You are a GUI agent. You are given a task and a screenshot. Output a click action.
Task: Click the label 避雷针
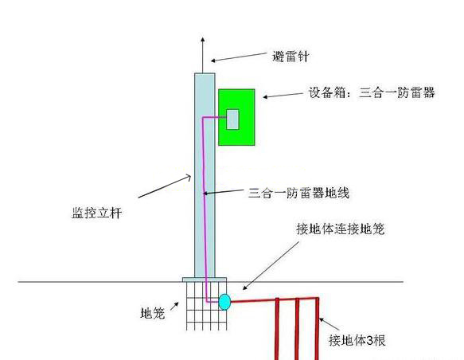click(290, 57)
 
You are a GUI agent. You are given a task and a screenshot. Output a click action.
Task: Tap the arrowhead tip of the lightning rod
click(203, 37)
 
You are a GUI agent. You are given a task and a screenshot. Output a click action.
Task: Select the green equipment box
click(236, 117)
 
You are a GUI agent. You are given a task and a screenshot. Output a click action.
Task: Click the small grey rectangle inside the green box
click(232, 119)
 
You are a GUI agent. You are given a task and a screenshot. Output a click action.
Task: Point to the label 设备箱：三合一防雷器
click(372, 92)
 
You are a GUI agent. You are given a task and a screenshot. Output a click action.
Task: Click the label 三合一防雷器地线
click(299, 193)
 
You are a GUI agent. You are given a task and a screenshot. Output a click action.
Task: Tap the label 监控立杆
click(97, 213)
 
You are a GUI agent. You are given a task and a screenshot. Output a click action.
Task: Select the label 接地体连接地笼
click(341, 229)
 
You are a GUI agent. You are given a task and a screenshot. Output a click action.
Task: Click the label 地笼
click(152, 313)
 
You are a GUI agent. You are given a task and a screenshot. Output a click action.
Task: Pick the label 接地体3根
click(357, 340)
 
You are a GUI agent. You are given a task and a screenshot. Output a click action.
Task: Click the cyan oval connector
click(224, 302)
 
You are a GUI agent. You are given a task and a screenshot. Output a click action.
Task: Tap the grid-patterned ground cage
click(207, 306)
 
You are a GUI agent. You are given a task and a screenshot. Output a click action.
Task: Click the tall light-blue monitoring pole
click(205, 175)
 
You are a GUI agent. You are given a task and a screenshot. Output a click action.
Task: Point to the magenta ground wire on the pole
click(204, 207)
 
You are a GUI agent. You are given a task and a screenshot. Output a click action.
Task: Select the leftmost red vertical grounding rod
click(277, 329)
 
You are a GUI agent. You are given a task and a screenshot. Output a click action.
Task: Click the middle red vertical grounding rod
click(297, 329)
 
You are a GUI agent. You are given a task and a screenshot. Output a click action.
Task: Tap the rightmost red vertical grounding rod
click(317, 329)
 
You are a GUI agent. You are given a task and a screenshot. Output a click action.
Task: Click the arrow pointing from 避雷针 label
click(239, 57)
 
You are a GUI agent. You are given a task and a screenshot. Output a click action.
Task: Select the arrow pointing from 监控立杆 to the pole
click(165, 186)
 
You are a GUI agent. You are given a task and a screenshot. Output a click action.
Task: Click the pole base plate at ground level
click(205, 280)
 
